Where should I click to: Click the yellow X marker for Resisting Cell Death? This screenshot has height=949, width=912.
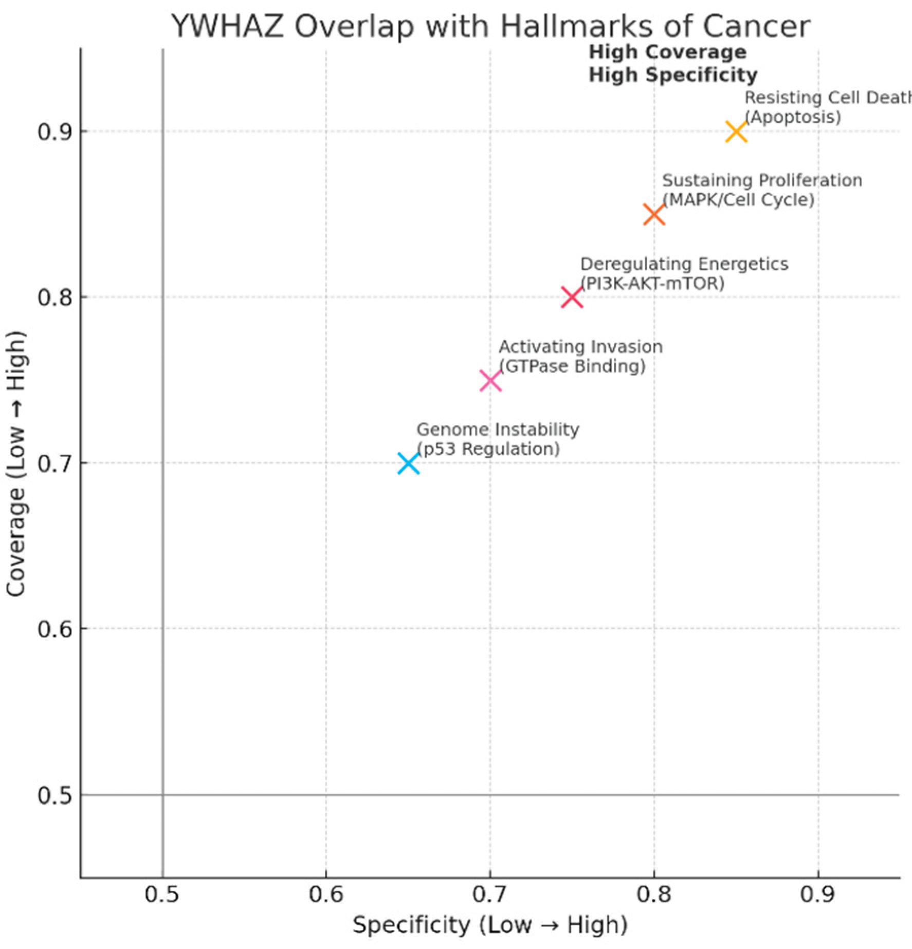pos(736,132)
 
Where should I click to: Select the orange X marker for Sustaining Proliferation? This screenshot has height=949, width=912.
pos(654,214)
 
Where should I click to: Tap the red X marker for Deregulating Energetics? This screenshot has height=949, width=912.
pos(572,297)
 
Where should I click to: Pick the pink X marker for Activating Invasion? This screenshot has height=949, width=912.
pos(490,381)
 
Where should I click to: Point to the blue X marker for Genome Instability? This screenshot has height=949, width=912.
pos(408,463)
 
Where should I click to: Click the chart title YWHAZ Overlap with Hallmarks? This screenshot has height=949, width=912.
pos(490,27)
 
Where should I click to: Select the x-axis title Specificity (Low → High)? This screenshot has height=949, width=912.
pos(490,925)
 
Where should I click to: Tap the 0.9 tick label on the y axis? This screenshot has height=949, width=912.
pos(55,132)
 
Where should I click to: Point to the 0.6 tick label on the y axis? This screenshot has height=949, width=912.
pos(55,629)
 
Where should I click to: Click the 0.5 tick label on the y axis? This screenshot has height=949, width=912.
pos(55,795)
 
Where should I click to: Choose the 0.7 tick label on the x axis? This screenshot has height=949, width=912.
pos(490,895)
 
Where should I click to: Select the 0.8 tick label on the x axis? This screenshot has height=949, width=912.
pos(654,895)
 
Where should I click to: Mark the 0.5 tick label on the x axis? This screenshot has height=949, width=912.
pos(162,895)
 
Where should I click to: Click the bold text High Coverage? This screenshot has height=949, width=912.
pos(667,52)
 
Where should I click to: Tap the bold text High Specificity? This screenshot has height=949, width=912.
pos(673,75)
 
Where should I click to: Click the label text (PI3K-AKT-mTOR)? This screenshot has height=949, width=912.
pos(652,283)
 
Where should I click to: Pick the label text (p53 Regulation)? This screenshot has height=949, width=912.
pos(488,449)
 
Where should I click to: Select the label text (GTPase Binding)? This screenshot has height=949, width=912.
pos(572,366)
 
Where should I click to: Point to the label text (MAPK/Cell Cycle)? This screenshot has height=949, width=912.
pos(738,200)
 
